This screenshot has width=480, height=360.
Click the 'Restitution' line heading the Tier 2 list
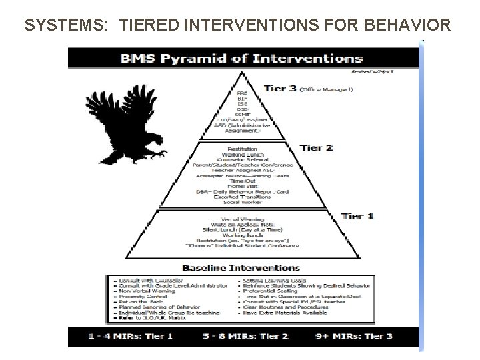pos(243,149)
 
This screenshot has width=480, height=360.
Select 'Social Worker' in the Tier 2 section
pos(243,201)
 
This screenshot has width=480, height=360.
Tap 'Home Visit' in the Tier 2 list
pos(243,187)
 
